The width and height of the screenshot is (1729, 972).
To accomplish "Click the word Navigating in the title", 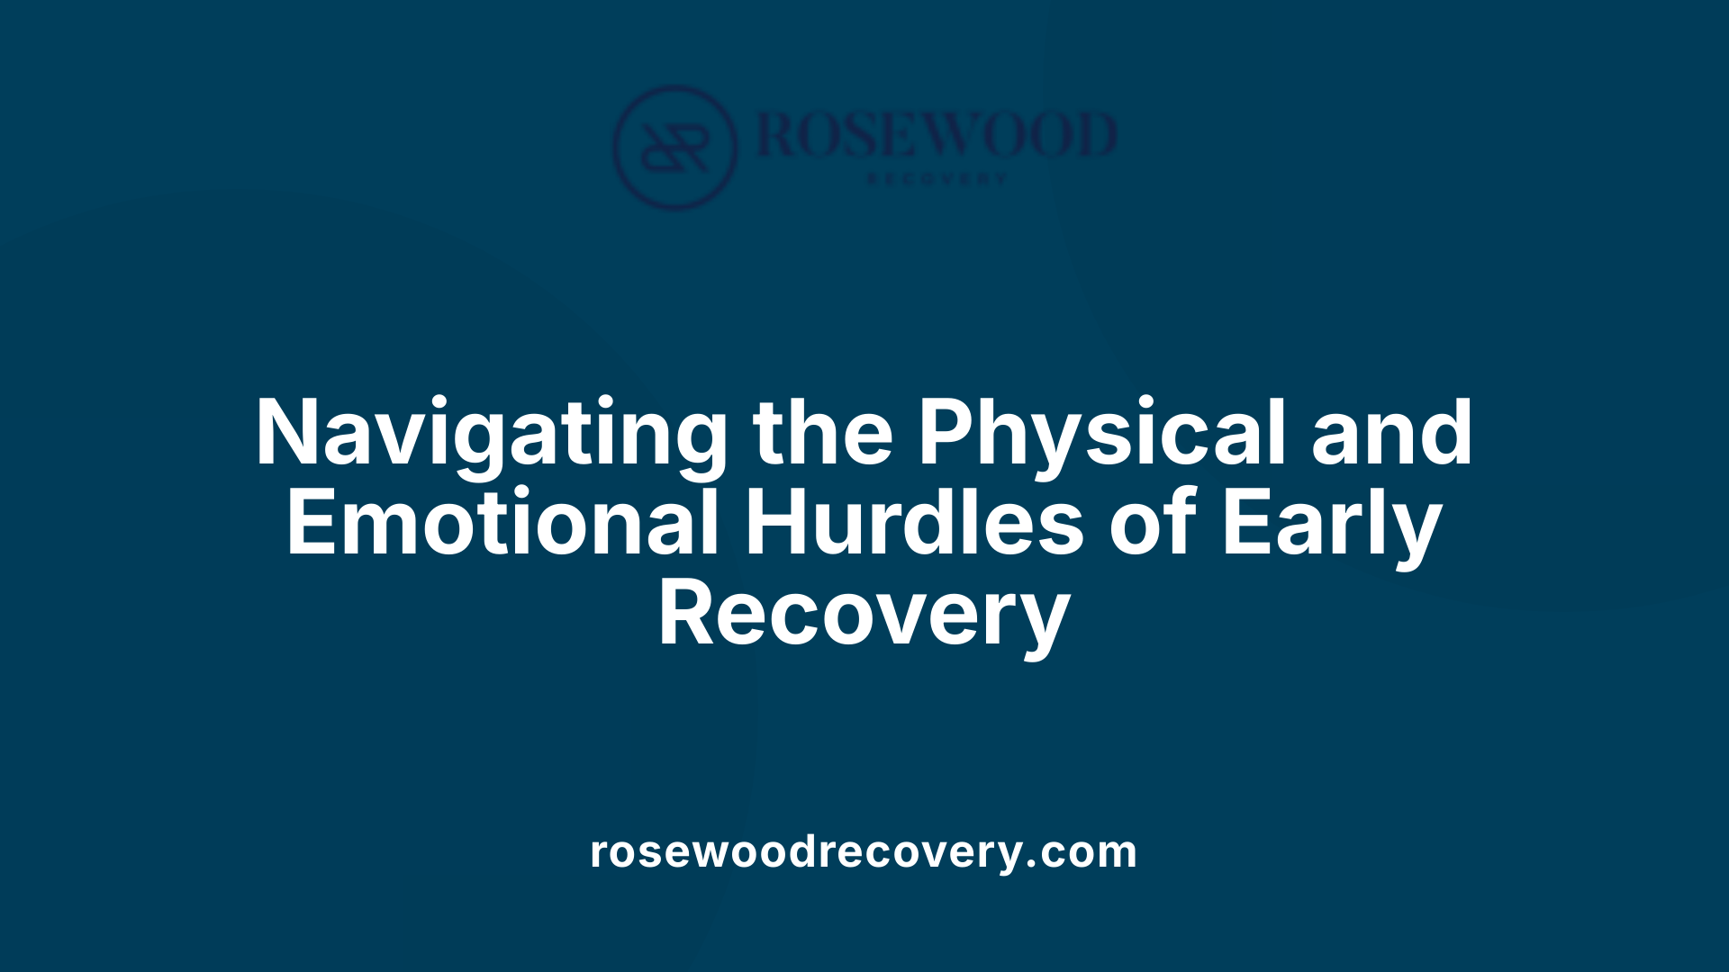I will [492, 434].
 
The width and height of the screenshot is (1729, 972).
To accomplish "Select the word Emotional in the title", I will [502, 524].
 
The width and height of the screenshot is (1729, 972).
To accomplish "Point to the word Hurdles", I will [913, 524].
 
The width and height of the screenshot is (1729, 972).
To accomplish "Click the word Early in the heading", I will [1331, 524].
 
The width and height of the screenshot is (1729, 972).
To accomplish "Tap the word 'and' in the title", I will [1391, 434].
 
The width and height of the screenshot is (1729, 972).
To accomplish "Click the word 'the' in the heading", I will [823, 434].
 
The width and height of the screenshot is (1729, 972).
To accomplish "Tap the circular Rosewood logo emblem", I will [674, 147].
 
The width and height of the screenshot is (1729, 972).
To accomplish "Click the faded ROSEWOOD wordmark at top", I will [937, 135].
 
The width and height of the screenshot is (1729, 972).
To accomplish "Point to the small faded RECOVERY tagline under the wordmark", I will [937, 179].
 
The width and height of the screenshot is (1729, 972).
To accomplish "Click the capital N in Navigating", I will [289, 434].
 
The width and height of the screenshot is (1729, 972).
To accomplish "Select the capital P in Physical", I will [946, 434].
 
